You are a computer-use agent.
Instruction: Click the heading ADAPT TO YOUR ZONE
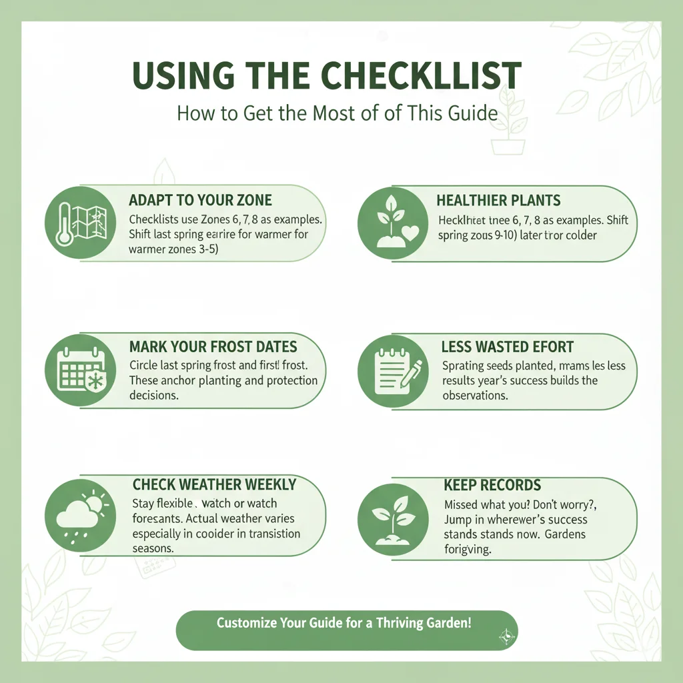click(x=200, y=200)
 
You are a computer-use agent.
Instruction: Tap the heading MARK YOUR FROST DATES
click(x=213, y=347)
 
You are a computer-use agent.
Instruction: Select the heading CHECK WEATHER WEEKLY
click(x=214, y=484)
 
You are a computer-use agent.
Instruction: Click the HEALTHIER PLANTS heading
click(x=498, y=200)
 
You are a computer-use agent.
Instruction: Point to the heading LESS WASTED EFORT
click(x=508, y=347)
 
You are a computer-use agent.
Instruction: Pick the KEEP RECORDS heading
click(x=492, y=485)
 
